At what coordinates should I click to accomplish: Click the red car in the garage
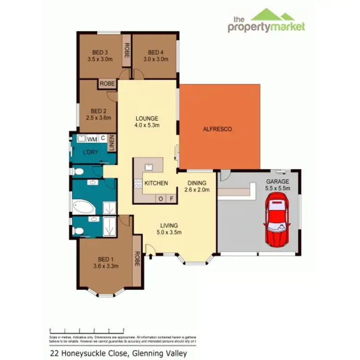coord(277,223)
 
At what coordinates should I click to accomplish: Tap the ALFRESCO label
coord(217,129)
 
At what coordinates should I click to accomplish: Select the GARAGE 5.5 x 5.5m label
coord(277,185)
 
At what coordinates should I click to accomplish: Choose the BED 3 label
coord(100,56)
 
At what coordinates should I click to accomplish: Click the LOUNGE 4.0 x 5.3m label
coord(147,121)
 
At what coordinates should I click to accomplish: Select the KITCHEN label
coord(156,183)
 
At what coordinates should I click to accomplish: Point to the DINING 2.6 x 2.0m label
coord(197,186)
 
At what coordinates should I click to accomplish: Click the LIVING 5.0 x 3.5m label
coord(169,228)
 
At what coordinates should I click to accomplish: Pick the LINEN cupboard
coord(112,143)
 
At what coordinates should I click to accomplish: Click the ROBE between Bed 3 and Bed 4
coord(127,51)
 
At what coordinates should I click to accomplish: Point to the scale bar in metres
coord(87,331)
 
